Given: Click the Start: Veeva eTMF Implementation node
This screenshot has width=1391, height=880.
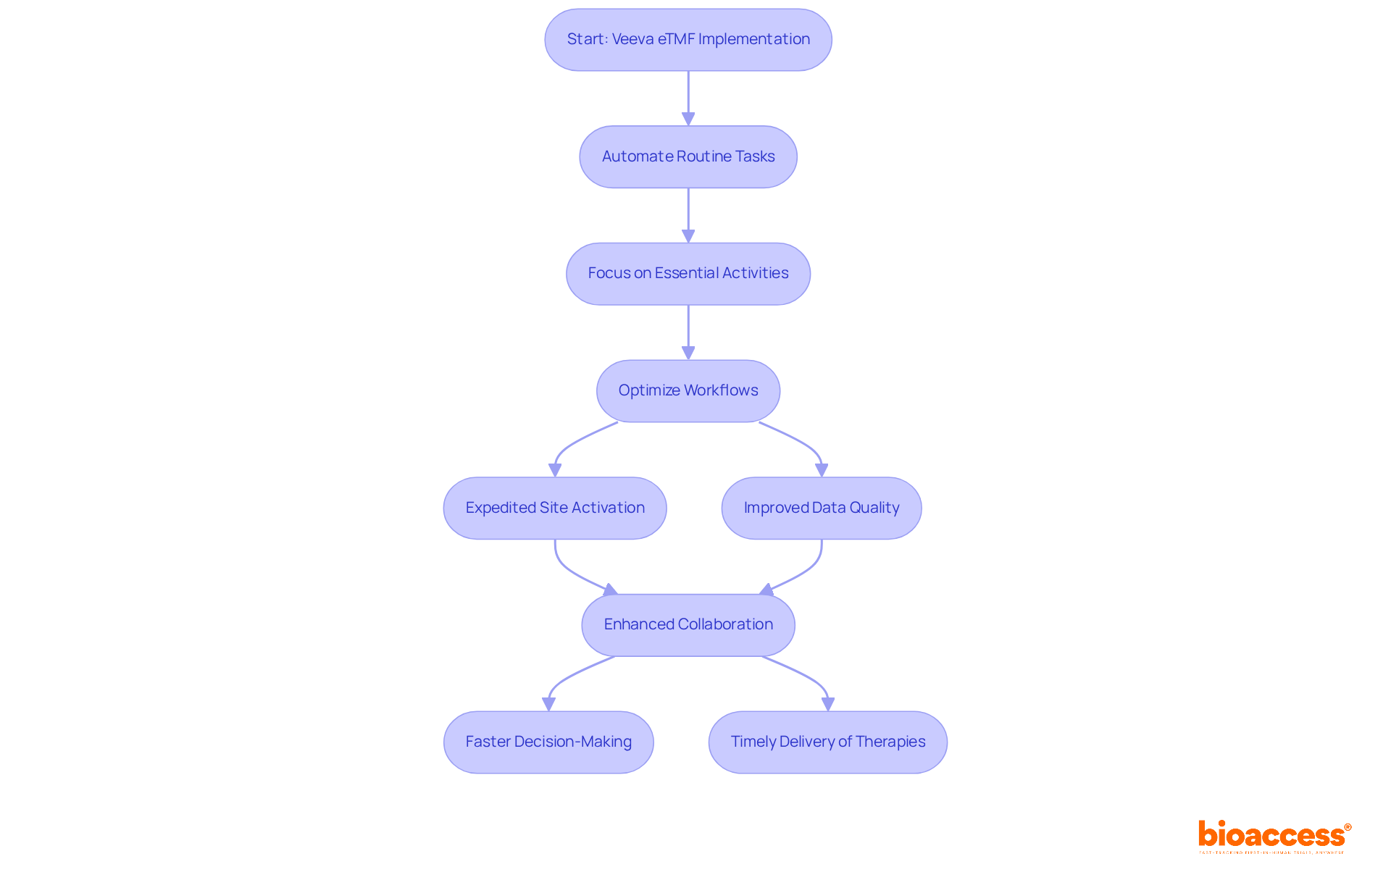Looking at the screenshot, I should click(x=688, y=40).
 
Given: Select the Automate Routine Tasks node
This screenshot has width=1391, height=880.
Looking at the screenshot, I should click(x=688, y=157).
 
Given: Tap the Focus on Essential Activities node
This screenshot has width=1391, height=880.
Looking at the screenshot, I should click(x=688, y=274).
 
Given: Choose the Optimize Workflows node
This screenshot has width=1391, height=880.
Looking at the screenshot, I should click(x=688, y=391).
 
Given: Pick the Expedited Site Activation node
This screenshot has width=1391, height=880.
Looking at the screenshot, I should click(x=554, y=508).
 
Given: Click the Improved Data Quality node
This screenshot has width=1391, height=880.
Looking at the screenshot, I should click(x=821, y=508).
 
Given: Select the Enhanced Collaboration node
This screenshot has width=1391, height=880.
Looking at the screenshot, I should click(x=688, y=625).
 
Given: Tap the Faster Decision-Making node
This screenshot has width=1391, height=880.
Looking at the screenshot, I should click(x=548, y=742).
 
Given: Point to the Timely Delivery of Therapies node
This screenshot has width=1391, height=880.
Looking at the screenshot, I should click(x=827, y=742).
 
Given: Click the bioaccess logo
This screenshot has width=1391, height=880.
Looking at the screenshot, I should click(x=1274, y=836).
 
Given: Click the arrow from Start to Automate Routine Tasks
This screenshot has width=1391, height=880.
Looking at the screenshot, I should click(x=688, y=98).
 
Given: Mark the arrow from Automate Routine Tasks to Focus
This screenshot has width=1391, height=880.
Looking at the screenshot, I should click(x=688, y=215).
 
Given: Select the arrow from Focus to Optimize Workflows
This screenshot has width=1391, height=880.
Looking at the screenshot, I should click(x=688, y=332).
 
